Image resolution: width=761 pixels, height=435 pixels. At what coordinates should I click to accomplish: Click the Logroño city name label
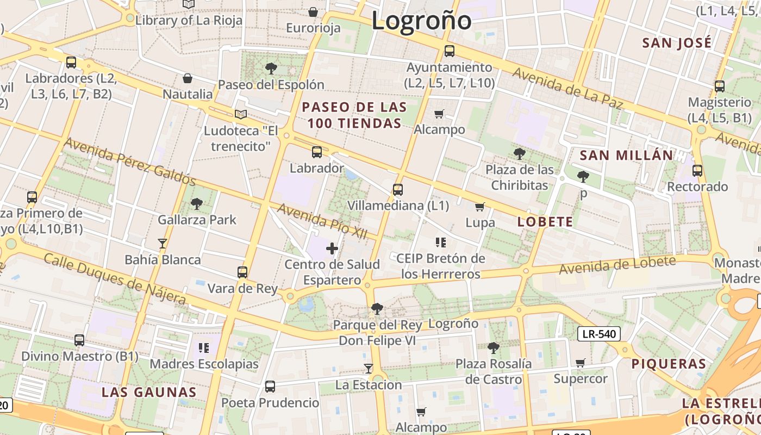[x=421, y=21]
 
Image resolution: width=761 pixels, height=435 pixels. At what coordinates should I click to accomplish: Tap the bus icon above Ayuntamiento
[x=450, y=51]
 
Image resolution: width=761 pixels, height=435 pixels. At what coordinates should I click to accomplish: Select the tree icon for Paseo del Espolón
[x=271, y=69]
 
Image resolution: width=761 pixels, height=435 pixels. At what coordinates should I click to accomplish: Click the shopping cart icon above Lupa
[x=479, y=207]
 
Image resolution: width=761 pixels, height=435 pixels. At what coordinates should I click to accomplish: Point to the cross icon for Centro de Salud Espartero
[x=332, y=249]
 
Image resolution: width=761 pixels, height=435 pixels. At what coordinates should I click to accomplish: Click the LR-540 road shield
[x=598, y=334]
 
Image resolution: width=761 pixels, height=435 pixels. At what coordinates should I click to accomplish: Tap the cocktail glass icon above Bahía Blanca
[x=162, y=243]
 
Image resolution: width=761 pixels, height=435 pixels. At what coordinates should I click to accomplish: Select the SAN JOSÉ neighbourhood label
[x=677, y=43]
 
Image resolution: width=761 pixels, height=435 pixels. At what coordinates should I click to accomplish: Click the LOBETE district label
[x=545, y=222]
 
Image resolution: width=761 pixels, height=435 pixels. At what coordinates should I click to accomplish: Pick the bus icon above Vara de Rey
[x=242, y=272]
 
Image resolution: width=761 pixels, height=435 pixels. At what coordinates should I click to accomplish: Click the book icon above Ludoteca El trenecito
[x=240, y=114]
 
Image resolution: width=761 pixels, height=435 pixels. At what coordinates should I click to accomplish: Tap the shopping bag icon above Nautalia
[x=188, y=78]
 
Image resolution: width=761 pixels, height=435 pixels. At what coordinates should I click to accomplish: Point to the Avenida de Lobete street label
[x=617, y=265]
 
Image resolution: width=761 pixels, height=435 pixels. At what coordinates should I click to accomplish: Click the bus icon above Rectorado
[x=697, y=171]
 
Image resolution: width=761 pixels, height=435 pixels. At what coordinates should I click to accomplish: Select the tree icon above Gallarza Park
[x=197, y=204]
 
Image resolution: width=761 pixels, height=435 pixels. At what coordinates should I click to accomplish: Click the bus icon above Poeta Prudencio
[x=270, y=387]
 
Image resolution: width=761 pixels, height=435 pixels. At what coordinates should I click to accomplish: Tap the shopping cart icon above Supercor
[x=581, y=363]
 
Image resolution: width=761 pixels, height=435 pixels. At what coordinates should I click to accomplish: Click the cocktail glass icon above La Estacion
[x=369, y=369]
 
